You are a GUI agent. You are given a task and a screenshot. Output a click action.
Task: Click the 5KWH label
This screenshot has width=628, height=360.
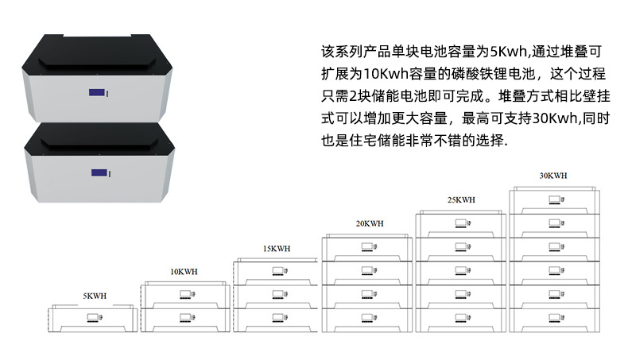(95, 296)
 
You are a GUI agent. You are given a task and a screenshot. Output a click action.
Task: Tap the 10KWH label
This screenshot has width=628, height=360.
(184, 272)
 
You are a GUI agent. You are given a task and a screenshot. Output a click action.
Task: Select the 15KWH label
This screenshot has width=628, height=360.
(277, 249)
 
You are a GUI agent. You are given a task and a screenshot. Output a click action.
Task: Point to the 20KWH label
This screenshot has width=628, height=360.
(370, 224)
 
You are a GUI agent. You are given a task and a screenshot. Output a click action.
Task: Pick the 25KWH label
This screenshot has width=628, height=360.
(461, 199)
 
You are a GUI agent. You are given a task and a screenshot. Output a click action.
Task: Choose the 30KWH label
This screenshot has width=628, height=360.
(553, 176)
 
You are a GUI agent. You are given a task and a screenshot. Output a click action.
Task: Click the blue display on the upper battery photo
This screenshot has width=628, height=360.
(97, 92)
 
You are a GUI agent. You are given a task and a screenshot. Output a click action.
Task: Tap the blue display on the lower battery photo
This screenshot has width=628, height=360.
(99, 172)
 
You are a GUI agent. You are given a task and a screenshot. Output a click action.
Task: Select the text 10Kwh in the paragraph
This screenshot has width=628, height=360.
(386, 74)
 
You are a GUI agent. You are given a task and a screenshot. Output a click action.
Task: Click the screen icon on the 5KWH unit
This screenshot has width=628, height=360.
(93, 318)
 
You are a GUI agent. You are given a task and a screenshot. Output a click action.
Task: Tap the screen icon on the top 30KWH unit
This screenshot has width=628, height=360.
(555, 199)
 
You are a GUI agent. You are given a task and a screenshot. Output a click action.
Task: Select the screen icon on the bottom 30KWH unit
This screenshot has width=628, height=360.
(555, 318)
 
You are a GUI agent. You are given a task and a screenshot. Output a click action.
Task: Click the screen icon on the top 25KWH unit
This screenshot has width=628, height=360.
(461, 223)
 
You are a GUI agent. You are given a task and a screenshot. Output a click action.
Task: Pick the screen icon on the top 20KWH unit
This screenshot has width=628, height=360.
(367, 247)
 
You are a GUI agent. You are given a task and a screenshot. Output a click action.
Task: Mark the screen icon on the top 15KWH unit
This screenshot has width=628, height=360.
(278, 271)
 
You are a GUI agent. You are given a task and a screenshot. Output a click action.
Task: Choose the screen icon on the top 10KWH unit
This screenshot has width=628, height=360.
(185, 294)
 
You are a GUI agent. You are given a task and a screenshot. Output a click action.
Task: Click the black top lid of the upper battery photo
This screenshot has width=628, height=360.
(97, 56)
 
